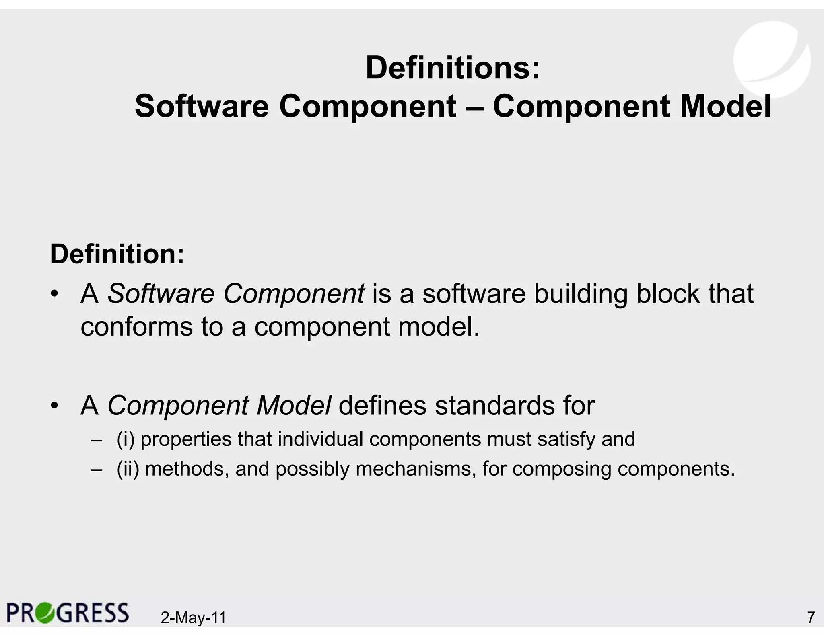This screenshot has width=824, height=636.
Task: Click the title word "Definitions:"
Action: tap(453, 68)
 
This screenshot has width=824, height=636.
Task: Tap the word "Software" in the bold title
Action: tap(202, 107)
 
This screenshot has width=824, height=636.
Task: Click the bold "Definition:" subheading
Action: tap(117, 254)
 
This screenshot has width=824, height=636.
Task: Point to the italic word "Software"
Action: tap(161, 293)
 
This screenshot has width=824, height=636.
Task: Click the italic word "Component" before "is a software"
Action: tap(294, 293)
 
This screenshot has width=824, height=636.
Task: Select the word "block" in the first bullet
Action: tap(668, 293)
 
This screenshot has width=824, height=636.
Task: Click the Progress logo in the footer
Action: tap(68, 613)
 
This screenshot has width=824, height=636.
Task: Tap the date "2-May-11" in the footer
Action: tap(193, 618)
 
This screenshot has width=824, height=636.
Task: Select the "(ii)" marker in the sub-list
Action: tap(128, 469)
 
